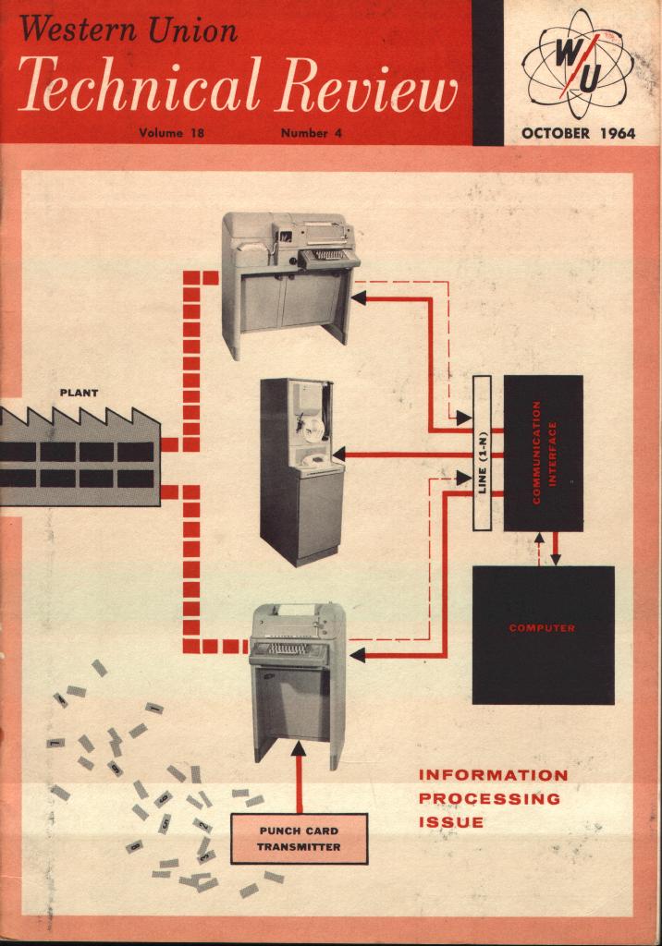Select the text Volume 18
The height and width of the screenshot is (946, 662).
click(x=171, y=133)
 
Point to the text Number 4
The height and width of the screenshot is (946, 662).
click(x=312, y=133)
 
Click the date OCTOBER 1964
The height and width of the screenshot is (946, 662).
click(x=578, y=132)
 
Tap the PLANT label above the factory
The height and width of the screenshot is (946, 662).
click(x=79, y=392)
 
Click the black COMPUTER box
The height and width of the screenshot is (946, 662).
click(x=543, y=635)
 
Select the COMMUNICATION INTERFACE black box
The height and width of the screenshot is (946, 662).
click(x=543, y=453)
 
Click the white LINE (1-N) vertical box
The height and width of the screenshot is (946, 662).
click(x=481, y=453)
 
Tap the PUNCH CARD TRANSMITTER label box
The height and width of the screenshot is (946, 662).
click(x=299, y=838)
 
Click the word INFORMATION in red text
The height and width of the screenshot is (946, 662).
click(x=493, y=774)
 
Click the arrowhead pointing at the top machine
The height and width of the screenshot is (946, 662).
click(x=359, y=297)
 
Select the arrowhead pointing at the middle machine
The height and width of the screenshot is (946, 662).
click(x=338, y=455)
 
